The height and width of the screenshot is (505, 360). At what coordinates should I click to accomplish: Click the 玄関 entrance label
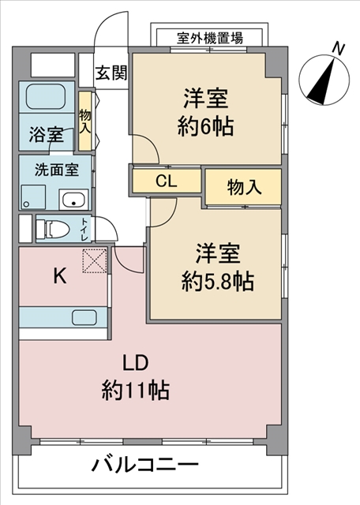[x=111, y=73]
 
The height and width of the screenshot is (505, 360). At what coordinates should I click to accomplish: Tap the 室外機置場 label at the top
[x=210, y=38]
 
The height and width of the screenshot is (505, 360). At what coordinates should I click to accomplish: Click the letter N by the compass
[x=338, y=49]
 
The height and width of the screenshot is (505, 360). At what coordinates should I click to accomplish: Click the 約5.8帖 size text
[x=216, y=282]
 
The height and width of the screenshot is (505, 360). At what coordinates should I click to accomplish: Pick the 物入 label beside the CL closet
[x=244, y=187]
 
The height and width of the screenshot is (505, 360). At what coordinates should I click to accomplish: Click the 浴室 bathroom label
[x=47, y=134]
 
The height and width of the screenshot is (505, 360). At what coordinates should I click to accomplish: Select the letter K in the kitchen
[x=59, y=275]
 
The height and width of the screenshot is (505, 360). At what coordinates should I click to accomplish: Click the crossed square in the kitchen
[x=95, y=260]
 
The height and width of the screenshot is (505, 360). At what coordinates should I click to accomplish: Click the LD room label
[x=136, y=364]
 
